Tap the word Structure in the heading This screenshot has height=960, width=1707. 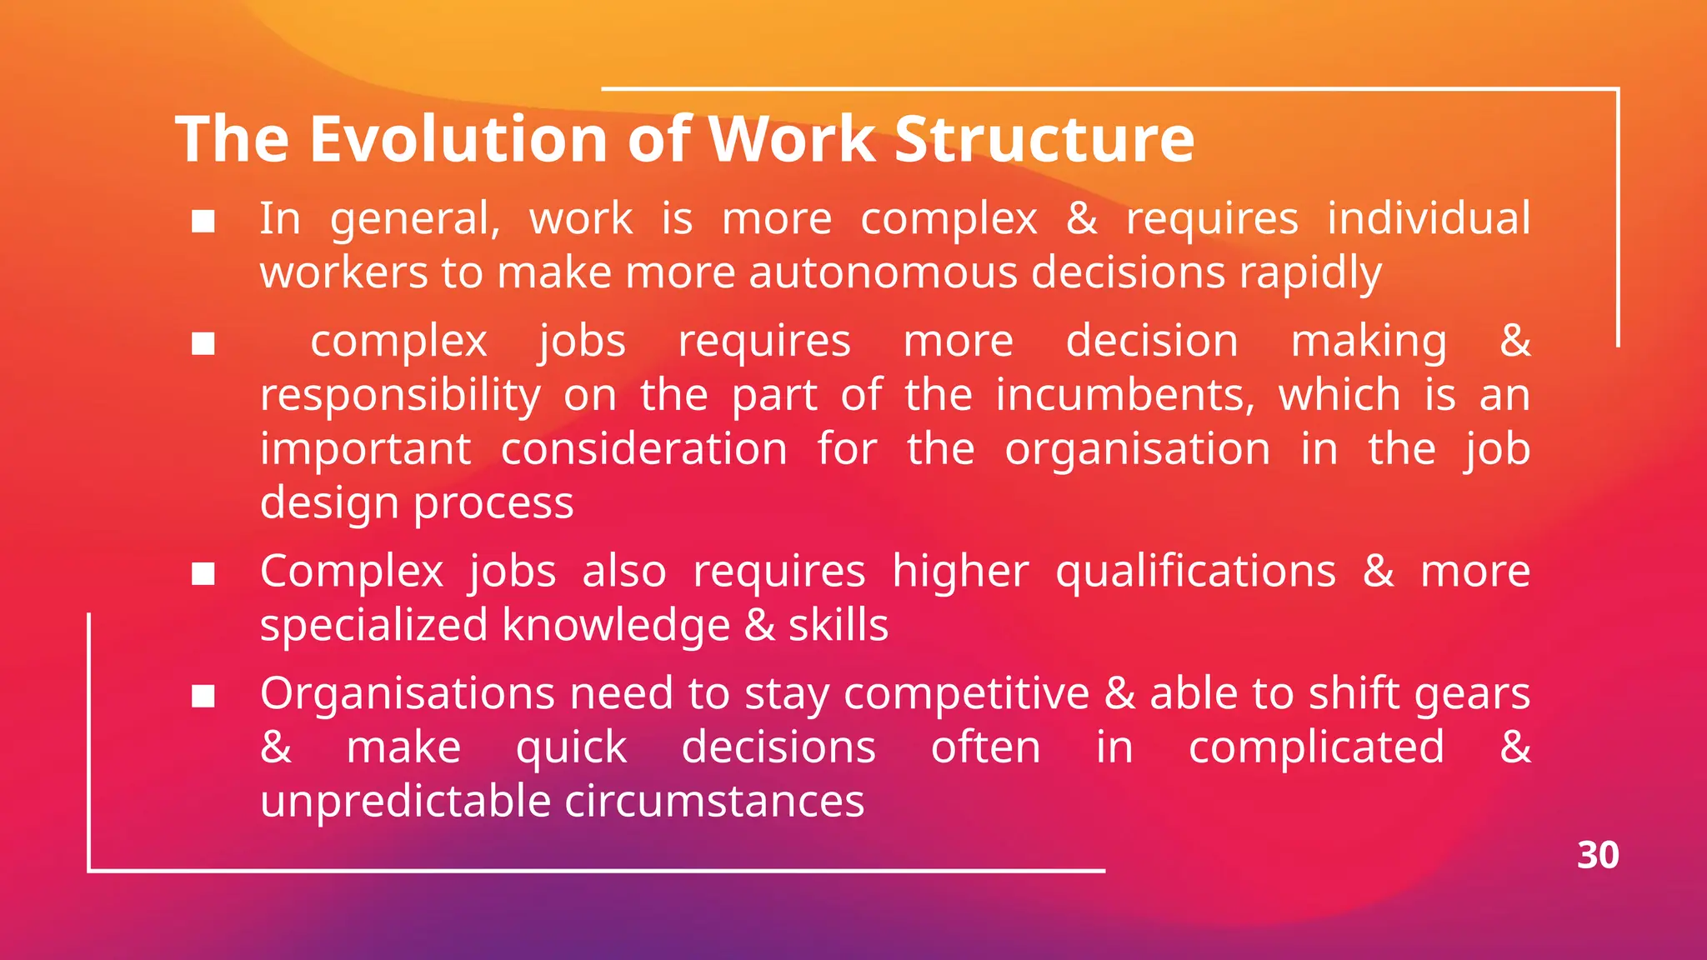tap(1044, 138)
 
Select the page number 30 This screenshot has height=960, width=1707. tap(1597, 855)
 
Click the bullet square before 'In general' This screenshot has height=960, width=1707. tap(203, 221)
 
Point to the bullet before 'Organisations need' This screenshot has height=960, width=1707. tap(203, 696)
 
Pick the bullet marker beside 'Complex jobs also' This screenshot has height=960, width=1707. tap(203, 573)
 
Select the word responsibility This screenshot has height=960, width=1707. tap(400, 395)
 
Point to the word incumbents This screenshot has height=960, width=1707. tap(1124, 395)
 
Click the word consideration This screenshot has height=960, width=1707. tap(643, 449)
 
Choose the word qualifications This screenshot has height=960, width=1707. tap(1195, 572)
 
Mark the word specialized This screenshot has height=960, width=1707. tap(373, 625)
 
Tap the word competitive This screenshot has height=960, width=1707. tap(966, 693)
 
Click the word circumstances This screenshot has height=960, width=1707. tap(714, 801)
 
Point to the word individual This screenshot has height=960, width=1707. tap(1429, 218)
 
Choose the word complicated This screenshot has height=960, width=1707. tap(1316, 747)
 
